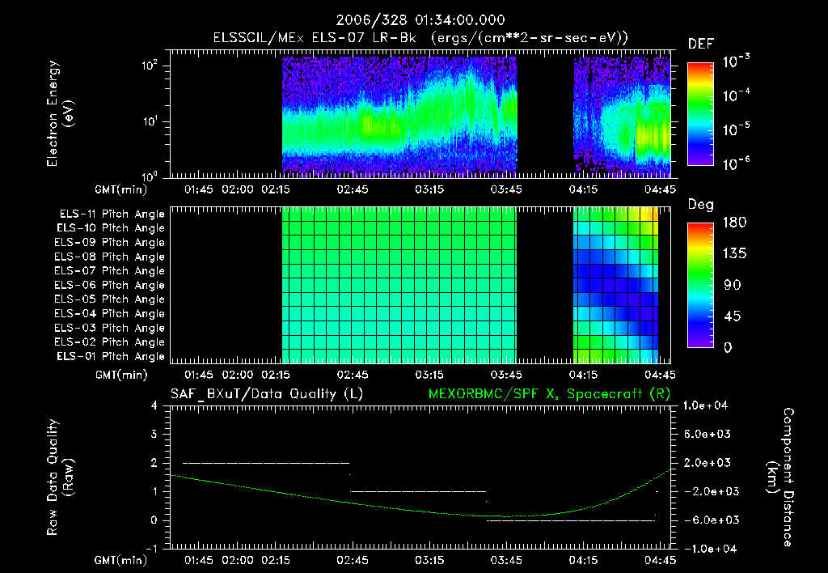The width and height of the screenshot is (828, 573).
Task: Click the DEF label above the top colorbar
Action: click(700, 44)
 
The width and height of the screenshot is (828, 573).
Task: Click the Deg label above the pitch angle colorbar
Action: click(700, 205)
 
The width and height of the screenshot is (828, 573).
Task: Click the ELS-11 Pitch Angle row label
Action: click(112, 214)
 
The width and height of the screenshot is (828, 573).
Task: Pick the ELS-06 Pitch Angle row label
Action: click(112, 285)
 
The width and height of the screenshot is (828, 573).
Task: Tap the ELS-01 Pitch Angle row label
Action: click(112, 356)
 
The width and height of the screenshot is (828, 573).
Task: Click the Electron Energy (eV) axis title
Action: click(61, 118)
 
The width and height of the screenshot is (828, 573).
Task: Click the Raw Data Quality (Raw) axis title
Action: click(61, 477)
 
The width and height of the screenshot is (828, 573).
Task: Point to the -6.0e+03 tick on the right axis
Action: click(708, 520)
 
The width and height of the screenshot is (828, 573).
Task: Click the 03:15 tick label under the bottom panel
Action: click(429, 560)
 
